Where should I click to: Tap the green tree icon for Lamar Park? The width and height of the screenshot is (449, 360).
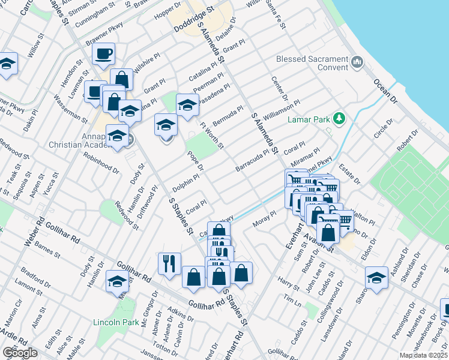pos(339,118)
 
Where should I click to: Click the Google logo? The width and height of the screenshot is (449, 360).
pos(20,353)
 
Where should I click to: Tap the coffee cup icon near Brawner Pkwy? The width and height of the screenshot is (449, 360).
pos(103,53)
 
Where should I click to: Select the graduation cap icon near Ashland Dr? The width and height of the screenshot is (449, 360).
pos(376,278)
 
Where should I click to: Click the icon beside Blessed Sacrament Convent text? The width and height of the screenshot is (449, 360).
pos(357,61)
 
